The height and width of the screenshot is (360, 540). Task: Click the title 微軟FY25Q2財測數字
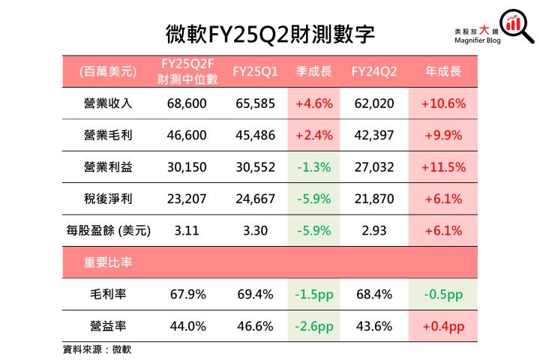click(x=271, y=34)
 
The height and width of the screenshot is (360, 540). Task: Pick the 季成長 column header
click(x=313, y=72)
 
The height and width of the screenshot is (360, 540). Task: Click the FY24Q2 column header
click(x=373, y=72)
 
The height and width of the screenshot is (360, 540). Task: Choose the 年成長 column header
click(x=442, y=72)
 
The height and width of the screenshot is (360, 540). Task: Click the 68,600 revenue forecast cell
click(x=186, y=104)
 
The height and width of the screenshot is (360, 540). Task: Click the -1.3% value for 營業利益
click(x=313, y=167)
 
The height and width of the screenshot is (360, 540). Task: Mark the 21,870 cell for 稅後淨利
click(x=373, y=199)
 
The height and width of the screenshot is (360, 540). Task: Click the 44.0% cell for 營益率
click(x=186, y=326)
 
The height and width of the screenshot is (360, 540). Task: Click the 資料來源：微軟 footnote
click(x=97, y=349)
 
